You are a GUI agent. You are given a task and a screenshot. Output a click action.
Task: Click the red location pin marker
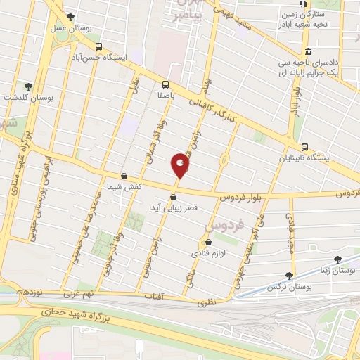click(181, 165)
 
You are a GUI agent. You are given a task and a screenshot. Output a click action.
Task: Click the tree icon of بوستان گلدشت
click(28, 86)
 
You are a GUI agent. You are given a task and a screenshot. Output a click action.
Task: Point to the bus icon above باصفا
click(166, 82)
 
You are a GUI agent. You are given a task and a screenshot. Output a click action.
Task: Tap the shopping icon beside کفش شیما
click(124, 176)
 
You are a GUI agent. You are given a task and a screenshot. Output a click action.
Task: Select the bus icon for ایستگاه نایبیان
click(304, 147)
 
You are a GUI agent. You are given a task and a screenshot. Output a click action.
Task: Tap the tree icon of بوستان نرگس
click(289, 275)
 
